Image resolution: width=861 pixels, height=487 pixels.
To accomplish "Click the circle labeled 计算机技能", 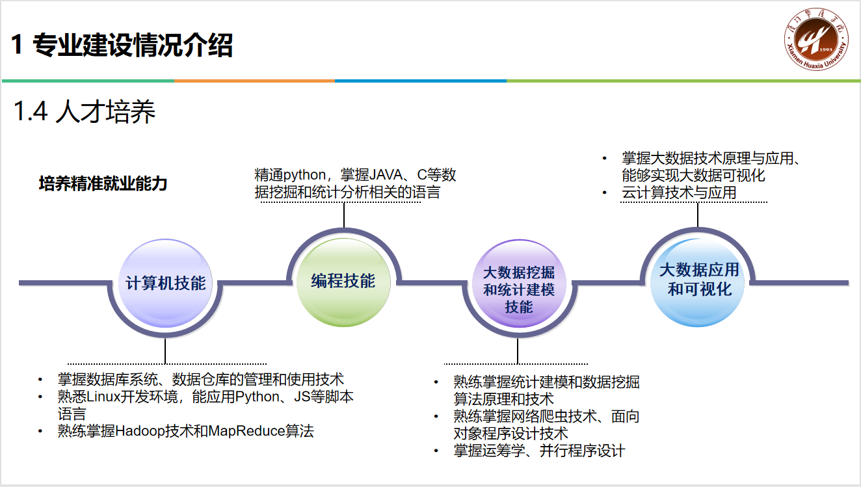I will pos(165,283).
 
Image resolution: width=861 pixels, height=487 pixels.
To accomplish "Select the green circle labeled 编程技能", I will pos(343,281).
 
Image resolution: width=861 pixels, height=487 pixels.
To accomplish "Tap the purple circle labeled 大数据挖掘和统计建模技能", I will pos(518,289).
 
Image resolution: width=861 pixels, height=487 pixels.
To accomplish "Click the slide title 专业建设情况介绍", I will pos(132,46).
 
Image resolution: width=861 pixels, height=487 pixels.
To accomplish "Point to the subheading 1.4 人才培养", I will pos(85,112).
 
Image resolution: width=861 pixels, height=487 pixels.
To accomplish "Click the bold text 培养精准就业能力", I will pos(103,184).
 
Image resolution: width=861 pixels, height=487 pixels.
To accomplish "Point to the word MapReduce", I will pos(247,430).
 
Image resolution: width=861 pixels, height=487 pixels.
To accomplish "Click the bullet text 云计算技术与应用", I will pos(679,193).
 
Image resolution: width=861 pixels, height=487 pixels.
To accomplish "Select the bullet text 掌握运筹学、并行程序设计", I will pos(539,451).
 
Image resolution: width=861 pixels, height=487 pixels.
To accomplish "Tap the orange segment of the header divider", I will pos(254,81).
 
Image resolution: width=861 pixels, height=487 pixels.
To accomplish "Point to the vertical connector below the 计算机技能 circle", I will pos(165,350).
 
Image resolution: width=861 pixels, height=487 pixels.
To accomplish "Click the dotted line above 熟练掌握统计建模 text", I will pos(516,363).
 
